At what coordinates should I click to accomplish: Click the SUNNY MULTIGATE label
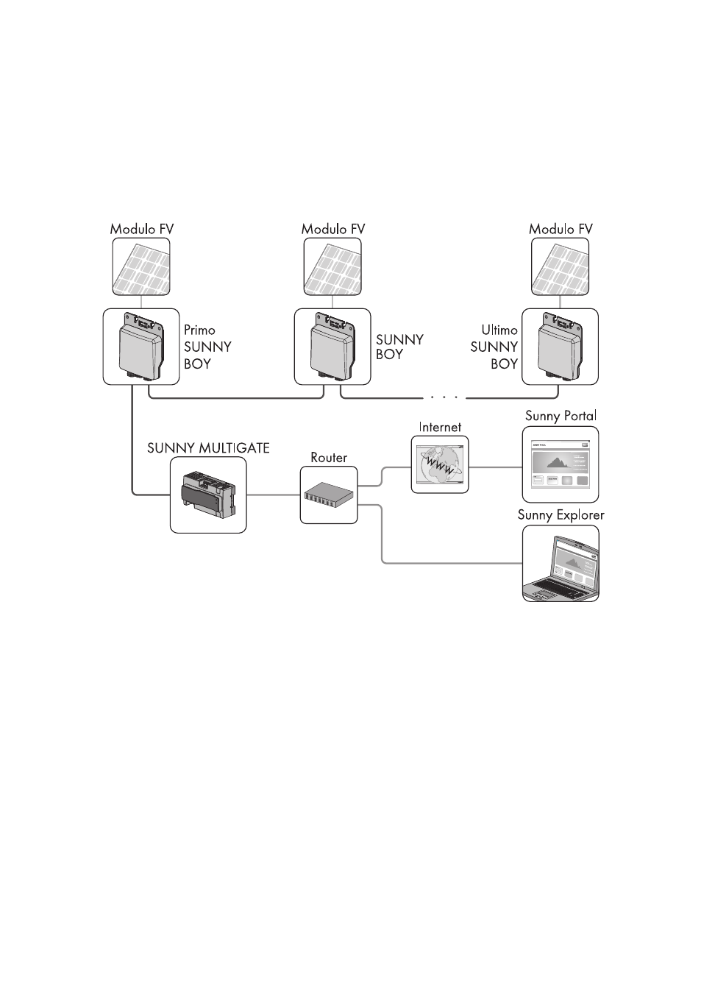point(208,447)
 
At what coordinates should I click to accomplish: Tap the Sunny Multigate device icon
point(208,495)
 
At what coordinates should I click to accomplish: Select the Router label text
point(329,458)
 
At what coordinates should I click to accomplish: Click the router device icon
point(329,496)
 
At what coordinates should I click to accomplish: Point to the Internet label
point(440,427)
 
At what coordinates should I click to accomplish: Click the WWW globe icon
point(440,464)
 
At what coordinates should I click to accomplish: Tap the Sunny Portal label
point(561,416)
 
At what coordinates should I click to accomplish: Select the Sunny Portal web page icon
point(561,464)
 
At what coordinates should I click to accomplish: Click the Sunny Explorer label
point(561,515)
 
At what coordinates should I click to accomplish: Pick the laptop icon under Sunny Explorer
point(561,564)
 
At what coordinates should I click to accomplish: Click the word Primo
point(199,330)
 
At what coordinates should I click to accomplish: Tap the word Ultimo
point(499,330)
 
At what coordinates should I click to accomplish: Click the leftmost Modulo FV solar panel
point(141,266)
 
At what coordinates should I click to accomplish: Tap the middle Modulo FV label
point(333,229)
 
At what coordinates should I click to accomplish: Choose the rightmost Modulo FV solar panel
point(561,266)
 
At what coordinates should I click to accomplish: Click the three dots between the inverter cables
point(444,397)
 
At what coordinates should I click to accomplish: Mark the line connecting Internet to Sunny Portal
point(495,467)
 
